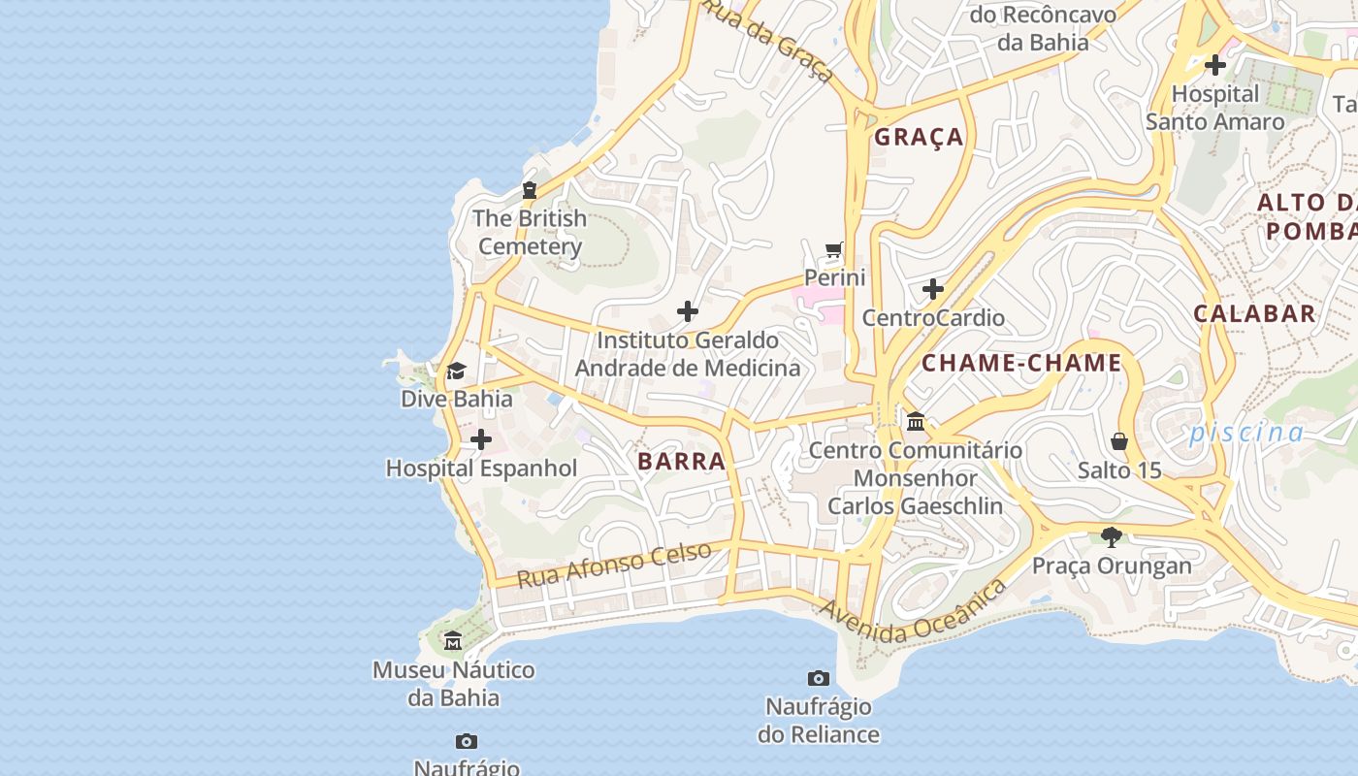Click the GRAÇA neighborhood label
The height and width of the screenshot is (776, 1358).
[919, 137]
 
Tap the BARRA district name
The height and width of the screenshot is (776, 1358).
[682, 462]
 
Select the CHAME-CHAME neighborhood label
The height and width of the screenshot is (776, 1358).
[1020, 364]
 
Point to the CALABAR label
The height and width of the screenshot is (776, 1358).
[1254, 313]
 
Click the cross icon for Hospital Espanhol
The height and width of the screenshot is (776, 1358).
[480, 440]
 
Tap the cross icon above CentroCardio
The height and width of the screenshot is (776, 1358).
[932, 289]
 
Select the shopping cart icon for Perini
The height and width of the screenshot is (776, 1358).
[834, 250]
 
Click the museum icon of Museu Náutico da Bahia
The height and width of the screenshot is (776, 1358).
[453, 641]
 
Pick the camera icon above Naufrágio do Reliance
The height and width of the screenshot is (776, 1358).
[818, 678]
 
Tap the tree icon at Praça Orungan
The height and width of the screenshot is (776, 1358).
[1112, 536]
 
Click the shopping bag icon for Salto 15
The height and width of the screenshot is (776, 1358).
[1119, 442]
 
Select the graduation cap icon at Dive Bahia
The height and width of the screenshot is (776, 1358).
[456, 371]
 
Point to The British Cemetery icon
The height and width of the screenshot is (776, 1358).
[530, 190]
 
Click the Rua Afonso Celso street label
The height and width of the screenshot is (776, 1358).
[613, 565]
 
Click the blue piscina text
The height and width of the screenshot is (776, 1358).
[1246, 432]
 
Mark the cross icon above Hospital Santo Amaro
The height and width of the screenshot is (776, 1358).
[1214, 65]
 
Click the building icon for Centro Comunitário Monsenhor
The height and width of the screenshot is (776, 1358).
[915, 422]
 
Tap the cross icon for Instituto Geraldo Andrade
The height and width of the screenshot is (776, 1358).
[687, 311]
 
